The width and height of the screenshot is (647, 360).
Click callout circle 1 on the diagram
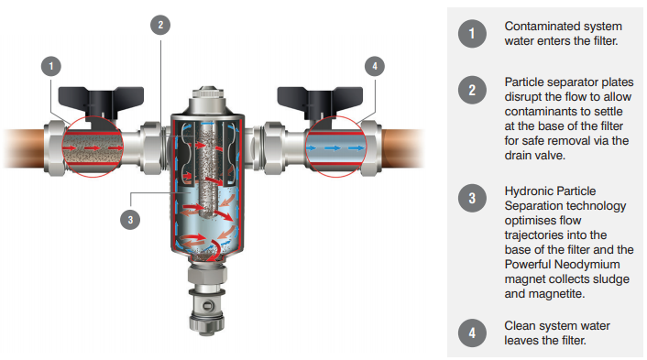(53, 66)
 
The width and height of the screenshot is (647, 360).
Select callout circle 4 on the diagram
(374, 66)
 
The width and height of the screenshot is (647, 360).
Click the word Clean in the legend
(521, 325)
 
